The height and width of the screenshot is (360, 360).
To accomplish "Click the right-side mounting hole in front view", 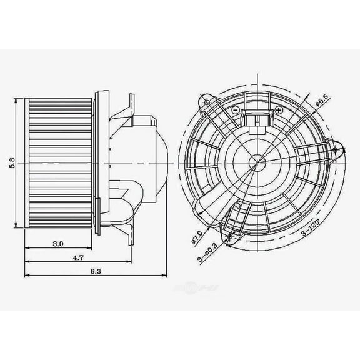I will pyautogui.click(x=338, y=149).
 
